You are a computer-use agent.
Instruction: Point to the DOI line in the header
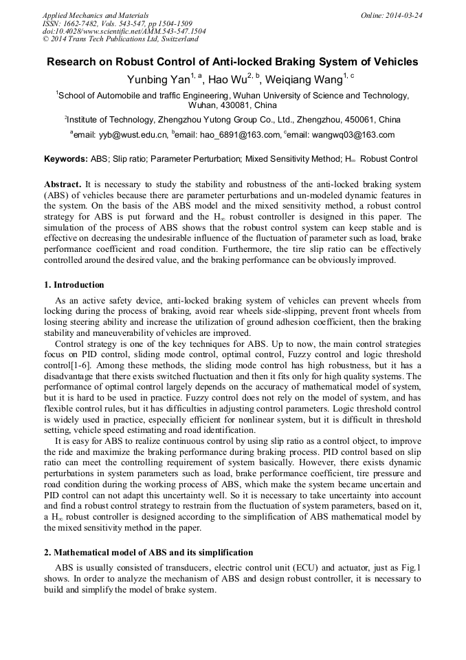click(124, 31)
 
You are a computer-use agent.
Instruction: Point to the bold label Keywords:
click(66, 159)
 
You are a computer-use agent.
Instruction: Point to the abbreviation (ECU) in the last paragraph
click(292, 567)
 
